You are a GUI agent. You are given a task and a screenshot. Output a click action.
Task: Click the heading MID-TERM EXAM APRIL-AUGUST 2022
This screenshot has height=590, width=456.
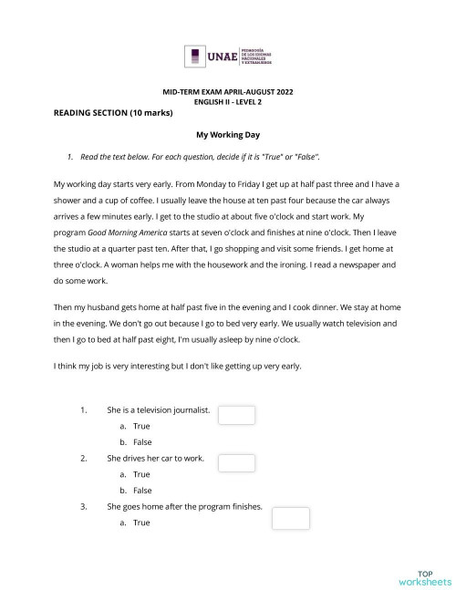(228, 93)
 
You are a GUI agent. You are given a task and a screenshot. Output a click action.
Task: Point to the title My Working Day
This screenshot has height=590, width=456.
(228, 134)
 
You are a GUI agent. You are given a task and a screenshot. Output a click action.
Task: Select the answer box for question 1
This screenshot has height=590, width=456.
(237, 415)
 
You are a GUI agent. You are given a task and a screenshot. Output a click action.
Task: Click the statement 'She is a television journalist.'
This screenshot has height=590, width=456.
(158, 409)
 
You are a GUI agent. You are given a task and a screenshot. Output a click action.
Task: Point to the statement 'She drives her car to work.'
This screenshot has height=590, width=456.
(155, 458)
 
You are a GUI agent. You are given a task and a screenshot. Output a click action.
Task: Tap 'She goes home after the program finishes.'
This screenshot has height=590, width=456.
(184, 506)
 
